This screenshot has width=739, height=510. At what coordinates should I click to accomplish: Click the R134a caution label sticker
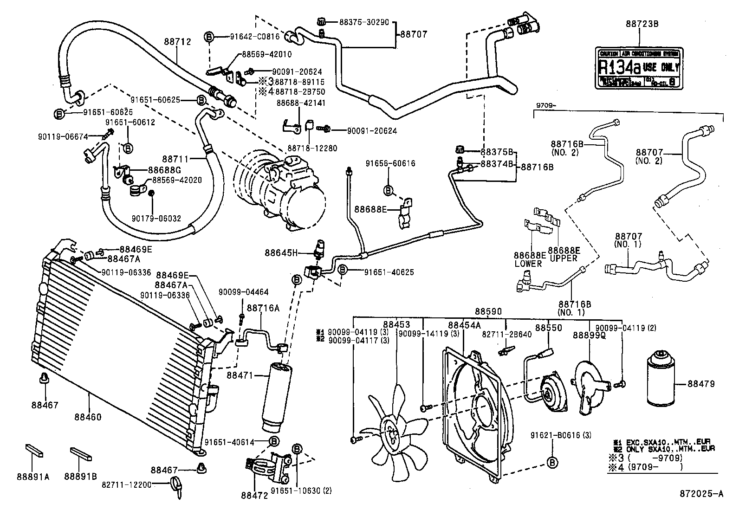click(x=639, y=67)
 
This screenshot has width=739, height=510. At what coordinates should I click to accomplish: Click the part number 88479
click(x=701, y=384)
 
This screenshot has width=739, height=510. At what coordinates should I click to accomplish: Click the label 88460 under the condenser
click(x=87, y=417)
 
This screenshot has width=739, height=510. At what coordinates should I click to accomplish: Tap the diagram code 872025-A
click(x=702, y=494)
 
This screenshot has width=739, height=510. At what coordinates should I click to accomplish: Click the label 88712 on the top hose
click(x=177, y=42)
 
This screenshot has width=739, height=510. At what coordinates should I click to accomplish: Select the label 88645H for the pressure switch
click(x=281, y=253)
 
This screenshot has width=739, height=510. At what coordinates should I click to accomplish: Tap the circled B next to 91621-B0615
click(x=552, y=462)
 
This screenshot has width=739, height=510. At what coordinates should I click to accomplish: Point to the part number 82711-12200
click(x=126, y=484)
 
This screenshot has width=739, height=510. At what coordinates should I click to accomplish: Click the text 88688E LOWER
click(x=529, y=259)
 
